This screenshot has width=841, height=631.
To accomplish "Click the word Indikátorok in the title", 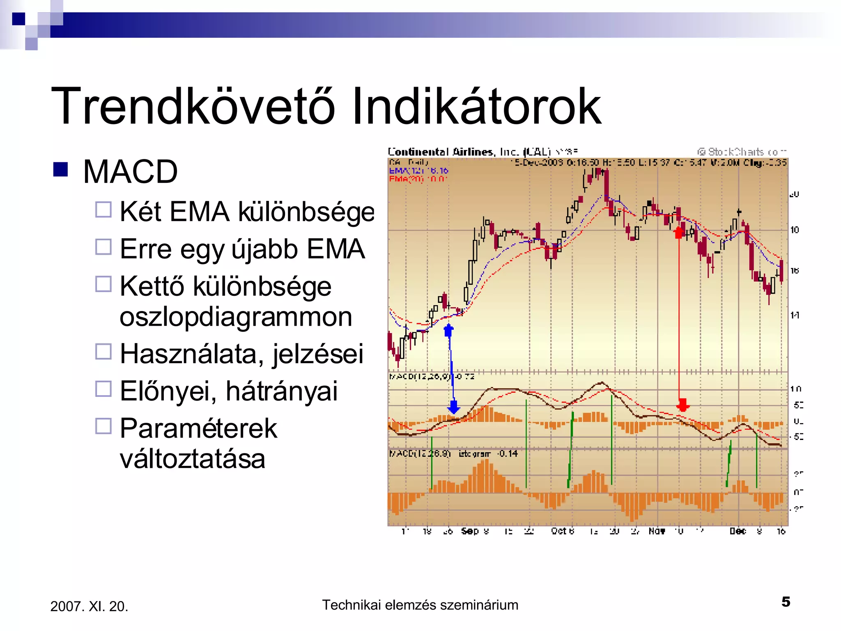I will (476, 107).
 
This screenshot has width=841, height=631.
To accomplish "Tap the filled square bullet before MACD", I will (60, 169).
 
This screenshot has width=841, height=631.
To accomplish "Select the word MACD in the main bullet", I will (130, 172).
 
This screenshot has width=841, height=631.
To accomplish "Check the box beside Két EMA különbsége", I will (103, 210).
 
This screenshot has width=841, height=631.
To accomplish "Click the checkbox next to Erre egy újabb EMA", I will (103, 247).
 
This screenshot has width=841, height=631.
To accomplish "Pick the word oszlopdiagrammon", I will (236, 317).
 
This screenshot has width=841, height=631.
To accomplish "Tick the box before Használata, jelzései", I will (103, 352).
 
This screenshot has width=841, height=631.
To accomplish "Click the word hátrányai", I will (281, 391).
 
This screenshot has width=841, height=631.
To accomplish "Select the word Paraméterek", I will (198, 428).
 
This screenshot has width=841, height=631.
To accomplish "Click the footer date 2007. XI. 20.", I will (89, 606).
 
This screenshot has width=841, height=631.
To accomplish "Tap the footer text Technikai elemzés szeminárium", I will (420, 605).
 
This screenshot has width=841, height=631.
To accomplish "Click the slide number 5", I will (786, 602).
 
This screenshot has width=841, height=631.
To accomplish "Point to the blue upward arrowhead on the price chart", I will (448, 330).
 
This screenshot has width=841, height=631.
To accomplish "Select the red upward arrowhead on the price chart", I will (678, 233).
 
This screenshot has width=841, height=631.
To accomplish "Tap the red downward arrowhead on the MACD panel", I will (683, 405).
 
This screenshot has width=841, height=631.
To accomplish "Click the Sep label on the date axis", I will (469, 531).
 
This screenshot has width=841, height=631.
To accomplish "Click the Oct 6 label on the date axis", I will (562, 531).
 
